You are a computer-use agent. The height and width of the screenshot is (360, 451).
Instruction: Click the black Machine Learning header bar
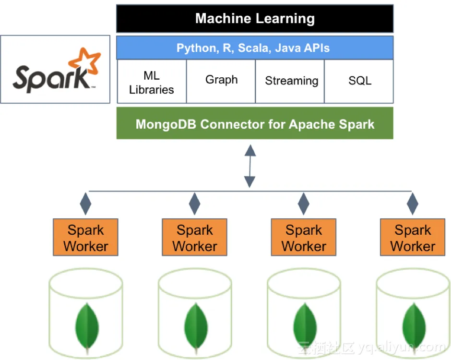(x=255, y=19)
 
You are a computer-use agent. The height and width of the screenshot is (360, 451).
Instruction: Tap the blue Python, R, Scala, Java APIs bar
(x=255, y=48)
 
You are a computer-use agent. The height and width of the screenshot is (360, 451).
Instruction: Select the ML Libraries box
(x=152, y=82)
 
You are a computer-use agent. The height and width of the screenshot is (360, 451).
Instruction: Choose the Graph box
(x=221, y=81)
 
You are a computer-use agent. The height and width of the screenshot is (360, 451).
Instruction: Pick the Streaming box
(x=291, y=81)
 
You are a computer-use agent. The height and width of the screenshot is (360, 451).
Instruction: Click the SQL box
(x=360, y=81)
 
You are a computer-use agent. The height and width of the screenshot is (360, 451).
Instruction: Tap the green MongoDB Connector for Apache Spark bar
(x=255, y=124)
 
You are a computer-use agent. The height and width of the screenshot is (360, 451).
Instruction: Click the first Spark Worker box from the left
(x=86, y=238)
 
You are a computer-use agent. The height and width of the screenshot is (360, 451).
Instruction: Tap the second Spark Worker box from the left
(x=195, y=238)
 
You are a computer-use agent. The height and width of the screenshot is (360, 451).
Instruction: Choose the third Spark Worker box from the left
(x=304, y=238)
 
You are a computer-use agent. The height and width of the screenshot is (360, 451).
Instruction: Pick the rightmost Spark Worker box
(x=413, y=238)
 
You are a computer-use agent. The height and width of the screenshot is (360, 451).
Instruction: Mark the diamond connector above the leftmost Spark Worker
(x=86, y=204)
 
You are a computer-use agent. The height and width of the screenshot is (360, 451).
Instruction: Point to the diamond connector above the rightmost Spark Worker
(x=413, y=204)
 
